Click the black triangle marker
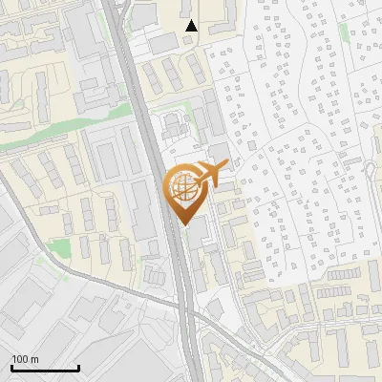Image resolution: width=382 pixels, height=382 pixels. pos(191,26)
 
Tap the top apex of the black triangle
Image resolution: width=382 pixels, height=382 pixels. pos(191,20)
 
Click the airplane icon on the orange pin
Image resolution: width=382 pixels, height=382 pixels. pos(212,174)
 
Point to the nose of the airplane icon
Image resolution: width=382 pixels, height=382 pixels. pos(227,163)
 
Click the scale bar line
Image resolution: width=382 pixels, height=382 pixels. pos(45,368)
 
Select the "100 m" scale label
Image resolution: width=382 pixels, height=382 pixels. pos(25,359)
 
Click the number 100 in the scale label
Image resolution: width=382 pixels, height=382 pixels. pos(20,359)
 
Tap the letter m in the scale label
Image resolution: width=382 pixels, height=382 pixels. pos(34,359)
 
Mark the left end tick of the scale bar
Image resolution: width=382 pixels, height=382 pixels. pos(11,366)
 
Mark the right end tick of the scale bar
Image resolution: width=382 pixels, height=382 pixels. pos(78,366)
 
